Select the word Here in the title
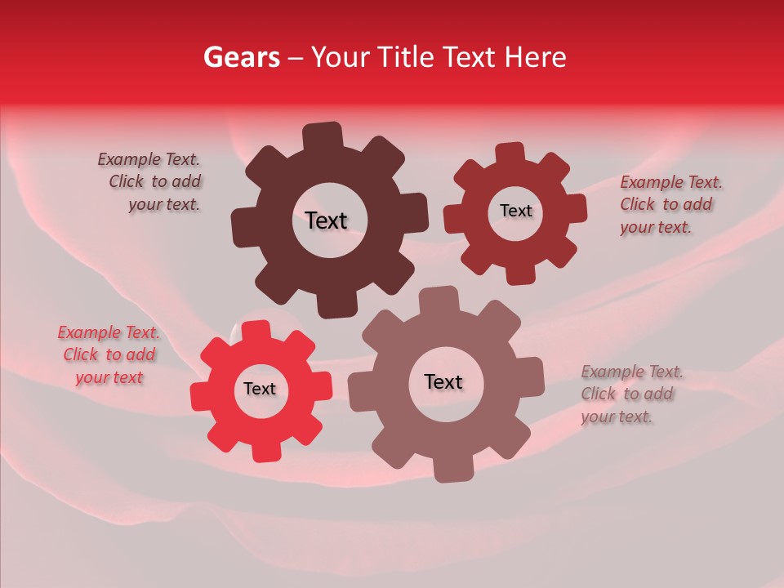coord(536,57)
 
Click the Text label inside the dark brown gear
coord(326,220)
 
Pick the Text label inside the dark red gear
coord(515,211)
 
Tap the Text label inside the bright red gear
coord(260,389)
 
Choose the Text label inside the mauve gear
coord(443,381)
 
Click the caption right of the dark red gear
coord(670,204)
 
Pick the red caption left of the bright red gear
coord(109,354)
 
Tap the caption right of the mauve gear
coord(630,394)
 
